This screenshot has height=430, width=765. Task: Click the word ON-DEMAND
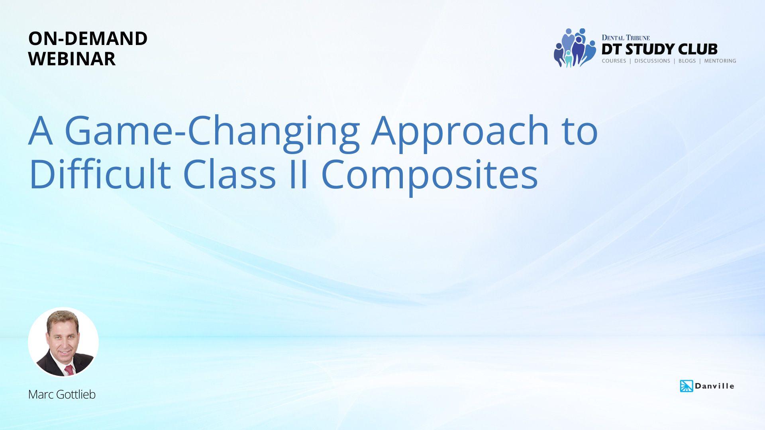point(88,39)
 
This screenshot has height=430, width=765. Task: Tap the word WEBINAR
point(72,59)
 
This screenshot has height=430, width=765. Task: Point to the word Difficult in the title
point(100,174)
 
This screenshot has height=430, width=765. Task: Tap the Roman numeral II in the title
point(298,174)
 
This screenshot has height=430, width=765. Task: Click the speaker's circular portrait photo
point(63,342)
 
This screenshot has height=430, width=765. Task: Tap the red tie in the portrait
point(69,370)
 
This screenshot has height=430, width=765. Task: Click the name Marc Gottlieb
point(62,394)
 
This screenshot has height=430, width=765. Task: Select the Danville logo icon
point(687,386)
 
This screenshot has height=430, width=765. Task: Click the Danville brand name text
point(714,386)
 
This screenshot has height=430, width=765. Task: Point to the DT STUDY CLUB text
point(659,49)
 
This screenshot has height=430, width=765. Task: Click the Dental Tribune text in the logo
point(626,38)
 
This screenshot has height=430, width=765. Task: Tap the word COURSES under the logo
point(614,61)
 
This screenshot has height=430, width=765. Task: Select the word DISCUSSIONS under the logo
point(652,61)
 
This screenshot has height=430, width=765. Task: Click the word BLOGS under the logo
point(687,61)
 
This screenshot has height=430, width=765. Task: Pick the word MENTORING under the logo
point(720,61)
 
